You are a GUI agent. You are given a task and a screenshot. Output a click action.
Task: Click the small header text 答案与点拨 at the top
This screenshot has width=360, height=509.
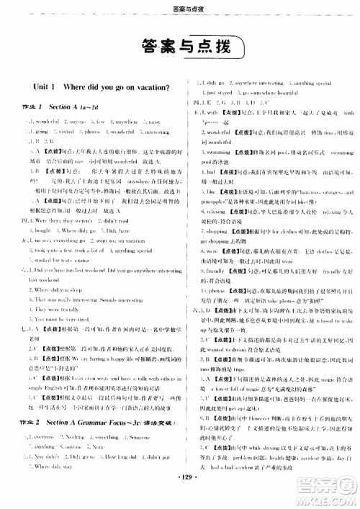(x=179, y=8)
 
